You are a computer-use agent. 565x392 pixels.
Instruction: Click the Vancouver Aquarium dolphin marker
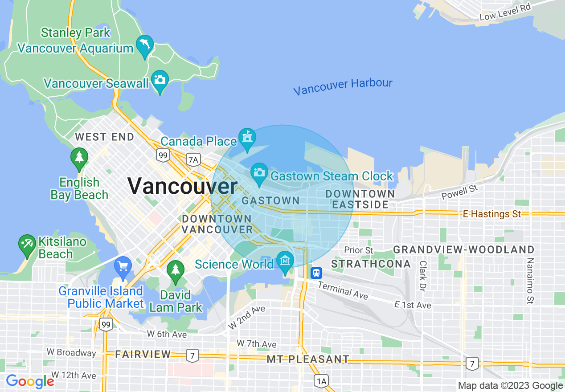145,45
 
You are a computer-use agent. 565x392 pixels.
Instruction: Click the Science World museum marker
285,261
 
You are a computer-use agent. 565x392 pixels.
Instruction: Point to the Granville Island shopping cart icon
123,266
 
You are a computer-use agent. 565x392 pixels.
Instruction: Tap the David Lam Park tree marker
176,270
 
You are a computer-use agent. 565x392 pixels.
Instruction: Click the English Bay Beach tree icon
79,158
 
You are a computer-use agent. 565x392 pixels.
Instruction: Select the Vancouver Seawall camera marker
160,80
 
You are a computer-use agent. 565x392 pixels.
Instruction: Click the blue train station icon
316,272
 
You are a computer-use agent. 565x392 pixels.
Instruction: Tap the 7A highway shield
193,159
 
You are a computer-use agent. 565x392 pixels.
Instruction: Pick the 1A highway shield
321,381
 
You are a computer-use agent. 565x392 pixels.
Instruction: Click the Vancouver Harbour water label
343,86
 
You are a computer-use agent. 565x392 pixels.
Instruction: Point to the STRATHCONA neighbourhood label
371,264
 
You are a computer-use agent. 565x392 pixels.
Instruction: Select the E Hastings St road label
492,214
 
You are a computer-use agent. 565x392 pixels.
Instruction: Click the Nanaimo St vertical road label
530,281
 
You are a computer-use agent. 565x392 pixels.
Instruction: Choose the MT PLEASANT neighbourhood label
308,359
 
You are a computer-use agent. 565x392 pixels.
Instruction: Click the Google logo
29,381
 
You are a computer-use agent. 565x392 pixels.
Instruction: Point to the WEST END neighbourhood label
104,137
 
